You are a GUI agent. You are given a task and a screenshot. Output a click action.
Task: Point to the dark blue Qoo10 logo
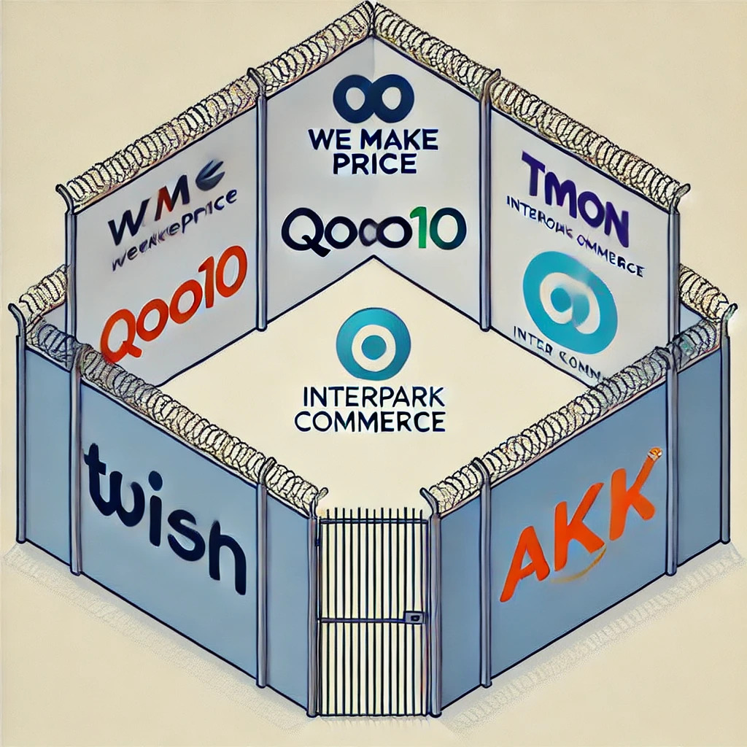(373, 229)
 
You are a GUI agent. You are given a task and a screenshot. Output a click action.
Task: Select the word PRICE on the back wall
(373, 163)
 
